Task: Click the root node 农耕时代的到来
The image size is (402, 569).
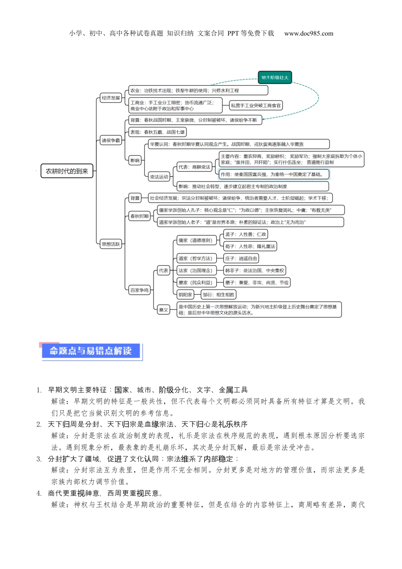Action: (x=67, y=171)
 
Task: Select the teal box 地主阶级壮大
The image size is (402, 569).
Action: (x=275, y=77)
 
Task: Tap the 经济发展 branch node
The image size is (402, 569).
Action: (x=111, y=98)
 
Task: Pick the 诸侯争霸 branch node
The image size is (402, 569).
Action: (x=111, y=140)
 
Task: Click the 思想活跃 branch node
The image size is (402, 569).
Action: (x=111, y=244)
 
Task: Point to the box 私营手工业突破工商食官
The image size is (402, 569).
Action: (x=256, y=105)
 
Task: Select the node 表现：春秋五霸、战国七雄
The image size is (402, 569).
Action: (x=157, y=132)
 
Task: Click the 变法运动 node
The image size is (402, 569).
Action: (x=159, y=177)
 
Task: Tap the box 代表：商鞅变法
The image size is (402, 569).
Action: (x=194, y=167)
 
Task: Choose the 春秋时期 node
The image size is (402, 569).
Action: (x=139, y=216)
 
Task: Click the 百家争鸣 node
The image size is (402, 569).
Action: (x=139, y=290)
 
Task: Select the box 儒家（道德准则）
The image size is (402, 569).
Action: (x=195, y=240)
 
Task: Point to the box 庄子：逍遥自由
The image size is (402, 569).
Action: (x=241, y=258)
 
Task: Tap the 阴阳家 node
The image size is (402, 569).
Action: (x=185, y=295)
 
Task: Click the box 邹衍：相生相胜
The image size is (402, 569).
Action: (x=218, y=295)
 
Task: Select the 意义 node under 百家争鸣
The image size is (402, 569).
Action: (x=163, y=309)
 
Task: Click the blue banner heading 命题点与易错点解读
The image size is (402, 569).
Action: (x=91, y=351)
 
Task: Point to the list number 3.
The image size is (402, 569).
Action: (x=39, y=459)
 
